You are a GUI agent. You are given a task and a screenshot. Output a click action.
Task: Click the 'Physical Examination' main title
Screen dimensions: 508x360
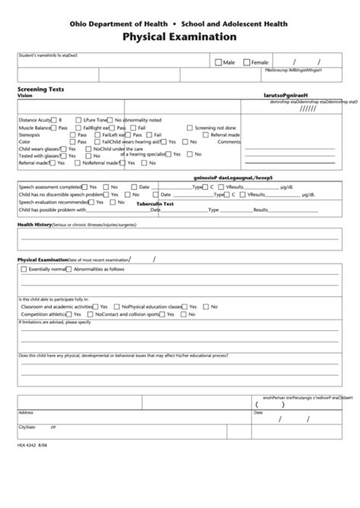pos(180,36)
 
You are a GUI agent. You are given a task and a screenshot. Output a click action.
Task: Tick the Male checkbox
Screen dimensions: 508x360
pos(219,62)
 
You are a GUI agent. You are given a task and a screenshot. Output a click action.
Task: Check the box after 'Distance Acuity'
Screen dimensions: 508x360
pos(54,120)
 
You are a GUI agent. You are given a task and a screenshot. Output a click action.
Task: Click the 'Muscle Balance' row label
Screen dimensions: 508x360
pos(34,128)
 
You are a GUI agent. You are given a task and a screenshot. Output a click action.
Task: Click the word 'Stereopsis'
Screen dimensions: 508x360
pos(30,134)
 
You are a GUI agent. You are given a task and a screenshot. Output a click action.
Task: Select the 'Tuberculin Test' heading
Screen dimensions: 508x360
pos(156,204)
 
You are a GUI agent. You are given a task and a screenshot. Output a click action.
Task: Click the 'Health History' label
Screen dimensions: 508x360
pos(35,225)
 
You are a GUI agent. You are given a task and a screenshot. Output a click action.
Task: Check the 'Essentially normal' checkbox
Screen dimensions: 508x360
pos(24,270)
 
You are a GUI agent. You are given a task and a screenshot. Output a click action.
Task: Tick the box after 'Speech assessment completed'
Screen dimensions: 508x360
pos(84,187)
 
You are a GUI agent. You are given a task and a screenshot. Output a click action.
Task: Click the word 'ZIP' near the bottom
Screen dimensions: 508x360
pos(53,428)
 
